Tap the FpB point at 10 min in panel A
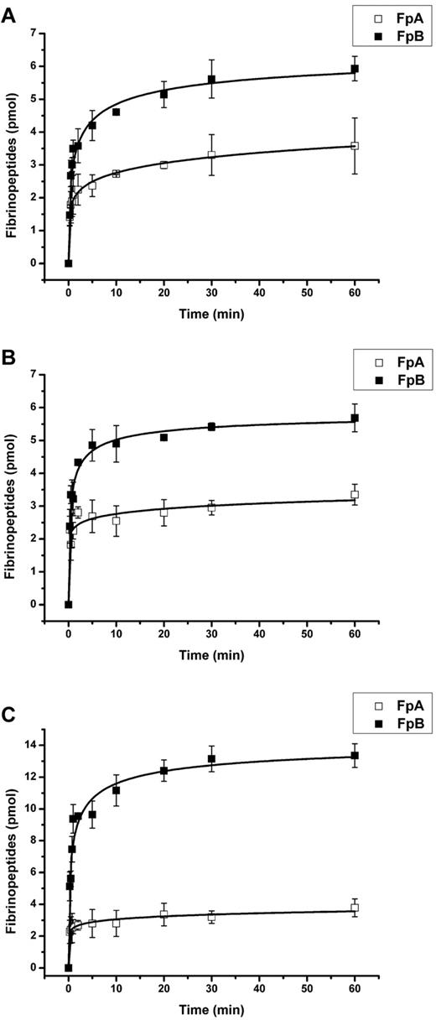(116, 112)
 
